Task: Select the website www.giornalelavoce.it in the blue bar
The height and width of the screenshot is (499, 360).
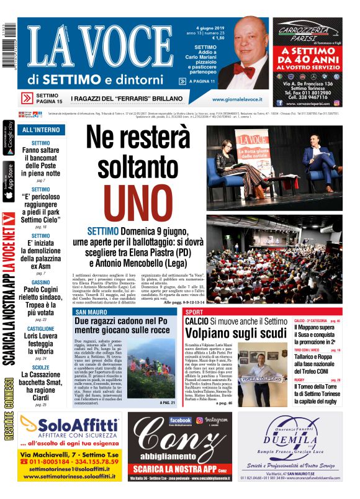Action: coord(236,99)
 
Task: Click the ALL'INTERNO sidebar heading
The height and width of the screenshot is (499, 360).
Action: coord(41,130)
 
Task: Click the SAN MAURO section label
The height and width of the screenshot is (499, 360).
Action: coord(88,312)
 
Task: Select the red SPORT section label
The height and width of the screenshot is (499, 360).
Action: coord(194,312)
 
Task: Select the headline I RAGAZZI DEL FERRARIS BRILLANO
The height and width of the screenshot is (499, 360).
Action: coord(127,99)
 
